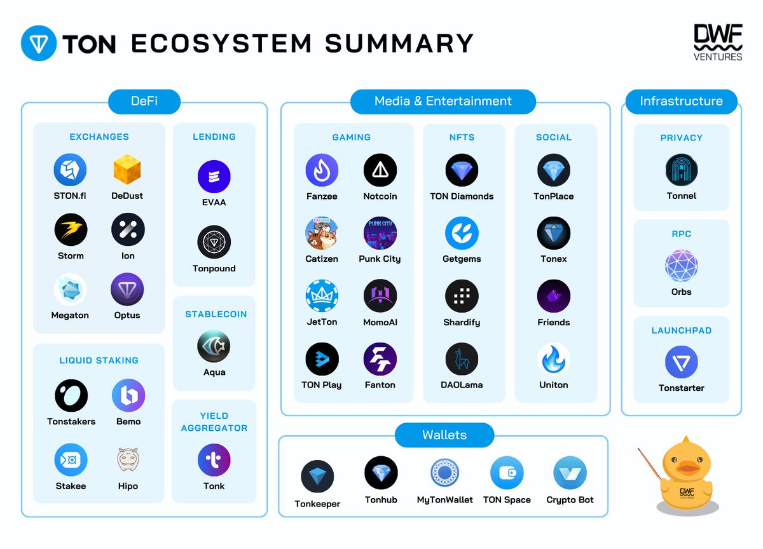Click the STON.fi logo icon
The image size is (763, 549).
click(x=70, y=170)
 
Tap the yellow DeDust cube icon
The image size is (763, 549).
click(x=127, y=170)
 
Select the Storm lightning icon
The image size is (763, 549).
click(x=71, y=230)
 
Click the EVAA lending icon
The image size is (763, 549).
click(x=214, y=177)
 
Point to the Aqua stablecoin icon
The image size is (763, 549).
click(x=214, y=347)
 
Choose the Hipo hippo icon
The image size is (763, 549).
click(x=128, y=459)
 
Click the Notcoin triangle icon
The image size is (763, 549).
click(x=380, y=170)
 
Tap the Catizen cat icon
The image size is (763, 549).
click(x=322, y=233)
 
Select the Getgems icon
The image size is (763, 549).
click(x=462, y=233)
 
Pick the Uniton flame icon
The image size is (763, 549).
click(x=553, y=359)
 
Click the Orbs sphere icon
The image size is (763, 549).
click(x=681, y=266)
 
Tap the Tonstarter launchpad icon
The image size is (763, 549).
click(x=681, y=362)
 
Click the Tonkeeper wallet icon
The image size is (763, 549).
click(x=317, y=477)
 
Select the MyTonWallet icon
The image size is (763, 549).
click(x=444, y=473)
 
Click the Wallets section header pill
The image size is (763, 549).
click(x=444, y=435)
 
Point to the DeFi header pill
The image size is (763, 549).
click(x=144, y=101)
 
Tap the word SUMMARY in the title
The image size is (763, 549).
click(x=399, y=43)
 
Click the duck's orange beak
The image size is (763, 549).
click(x=688, y=469)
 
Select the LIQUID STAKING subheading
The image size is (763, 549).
click(x=99, y=360)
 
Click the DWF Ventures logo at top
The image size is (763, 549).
click(x=718, y=43)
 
